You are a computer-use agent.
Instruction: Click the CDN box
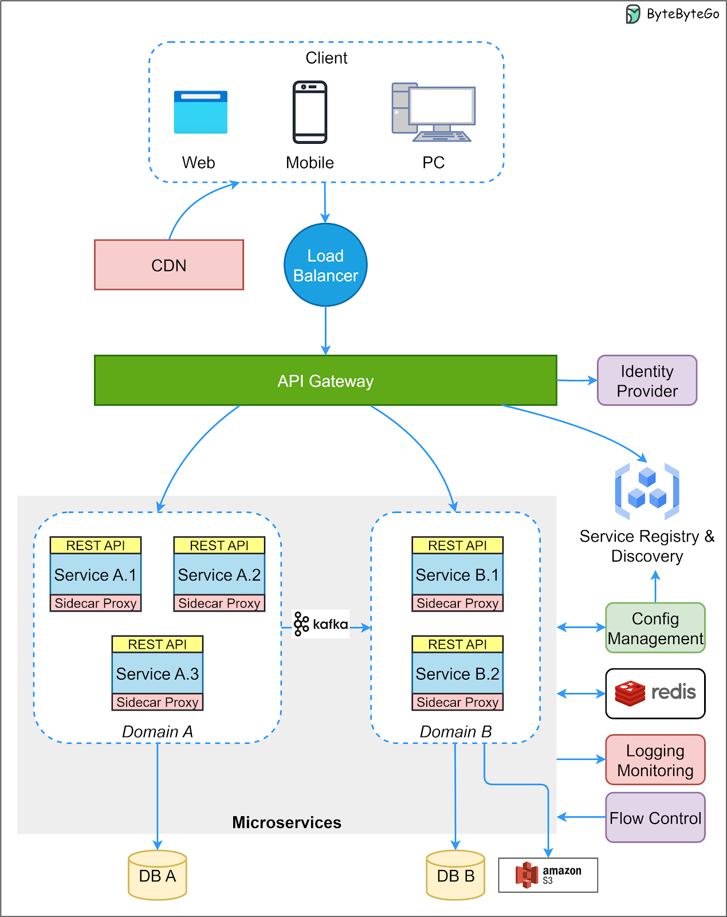click(169, 265)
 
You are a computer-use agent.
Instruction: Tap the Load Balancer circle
click(325, 265)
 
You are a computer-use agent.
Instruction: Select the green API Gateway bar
click(325, 381)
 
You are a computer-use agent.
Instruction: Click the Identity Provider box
click(647, 381)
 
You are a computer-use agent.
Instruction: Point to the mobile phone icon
click(310, 112)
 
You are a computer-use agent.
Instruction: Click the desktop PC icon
click(434, 112)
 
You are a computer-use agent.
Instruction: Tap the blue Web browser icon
click(201, 112)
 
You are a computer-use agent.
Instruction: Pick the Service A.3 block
click(158, 673)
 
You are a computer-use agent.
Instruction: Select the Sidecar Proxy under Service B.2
click(457, 702)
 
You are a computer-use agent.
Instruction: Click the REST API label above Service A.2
click(219, 546)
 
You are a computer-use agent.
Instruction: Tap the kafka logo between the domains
click(321, 624)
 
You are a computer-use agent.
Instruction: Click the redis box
click(655, 693)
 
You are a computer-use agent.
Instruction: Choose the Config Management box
click(655, 628)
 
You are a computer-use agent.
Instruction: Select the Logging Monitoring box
click(655, 760)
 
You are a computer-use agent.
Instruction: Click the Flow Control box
click(655, 818)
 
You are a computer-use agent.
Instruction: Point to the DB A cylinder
click(158, 875)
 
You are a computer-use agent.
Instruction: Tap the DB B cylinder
click(455, 875)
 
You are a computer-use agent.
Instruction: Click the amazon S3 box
click(548, 875)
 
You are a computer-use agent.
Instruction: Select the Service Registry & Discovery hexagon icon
click(647, 491)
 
